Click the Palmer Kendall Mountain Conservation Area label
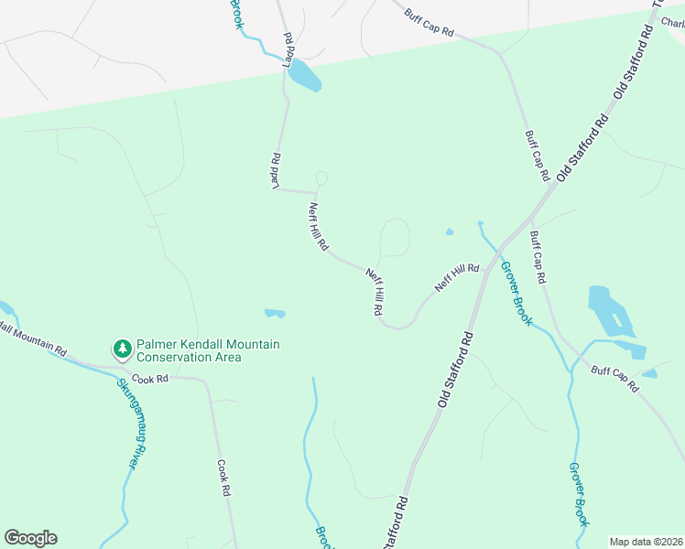[x=208, y=350]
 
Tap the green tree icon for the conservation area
[x=122, y=349]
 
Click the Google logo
[x=30, y=538]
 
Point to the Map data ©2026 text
[x=645, y=541]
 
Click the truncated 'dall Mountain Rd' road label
[x=34, y=340]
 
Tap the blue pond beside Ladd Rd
[x=304, y=77]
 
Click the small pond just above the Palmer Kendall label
[x=275, y=314]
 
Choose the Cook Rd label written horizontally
[x=150, y=378]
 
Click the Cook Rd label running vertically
[x=223, y=478]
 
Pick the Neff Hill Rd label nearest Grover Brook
[x=457, y=276]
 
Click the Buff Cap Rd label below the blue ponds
[x=614, y=380]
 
